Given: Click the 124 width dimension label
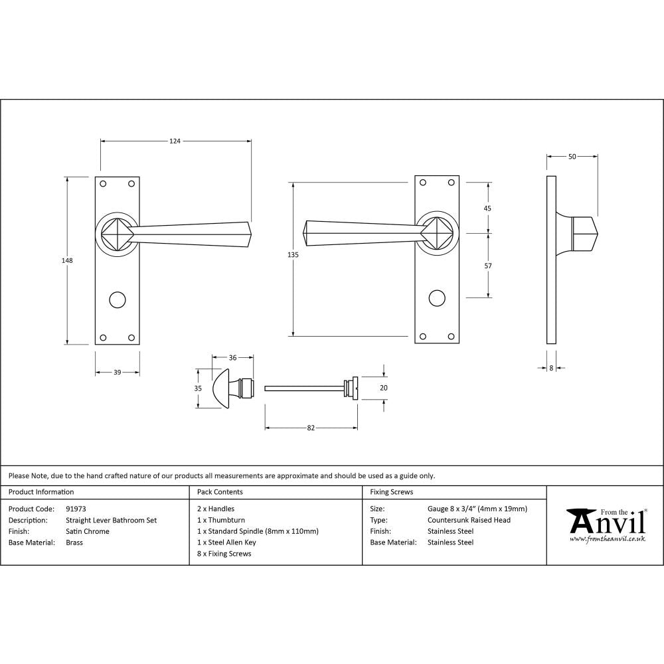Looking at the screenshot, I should pos(175,141).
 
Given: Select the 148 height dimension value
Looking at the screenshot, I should pos(66,260).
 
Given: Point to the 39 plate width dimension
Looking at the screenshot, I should pos(117,373).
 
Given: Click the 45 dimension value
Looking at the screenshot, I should pos(488,208).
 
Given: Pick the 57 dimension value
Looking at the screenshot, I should pos(488,266).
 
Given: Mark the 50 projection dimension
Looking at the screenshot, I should pos(572,157).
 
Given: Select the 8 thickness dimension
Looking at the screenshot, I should pos(551,367).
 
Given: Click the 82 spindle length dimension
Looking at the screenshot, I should pos(311,428).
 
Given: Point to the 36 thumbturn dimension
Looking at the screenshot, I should pos(232,358).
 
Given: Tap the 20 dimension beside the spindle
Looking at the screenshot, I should pos(383,388).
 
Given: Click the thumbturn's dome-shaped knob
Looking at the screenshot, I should pos(220,388).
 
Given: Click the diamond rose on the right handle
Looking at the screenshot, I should pos(436,233).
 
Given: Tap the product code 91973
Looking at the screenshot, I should pos(76,509).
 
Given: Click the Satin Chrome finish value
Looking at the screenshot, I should pos(88,531).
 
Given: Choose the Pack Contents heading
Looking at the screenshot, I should pos(220,492).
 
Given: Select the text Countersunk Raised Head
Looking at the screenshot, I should pos(469,520).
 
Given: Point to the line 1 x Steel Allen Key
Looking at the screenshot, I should pos(226,542).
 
